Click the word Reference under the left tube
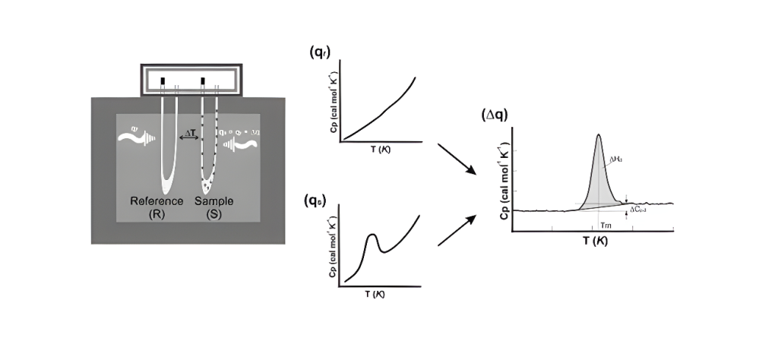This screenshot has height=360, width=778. click(x=157, y=201)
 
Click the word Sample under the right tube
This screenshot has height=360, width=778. click(x=214, y=201)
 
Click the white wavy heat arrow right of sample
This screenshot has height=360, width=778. click(x=242, y=141)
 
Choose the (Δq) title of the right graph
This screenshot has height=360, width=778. click(x=495, y=115)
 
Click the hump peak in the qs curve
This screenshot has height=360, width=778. click(x=372, y=236)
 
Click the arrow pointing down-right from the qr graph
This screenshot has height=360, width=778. click(x=459, y=160)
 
